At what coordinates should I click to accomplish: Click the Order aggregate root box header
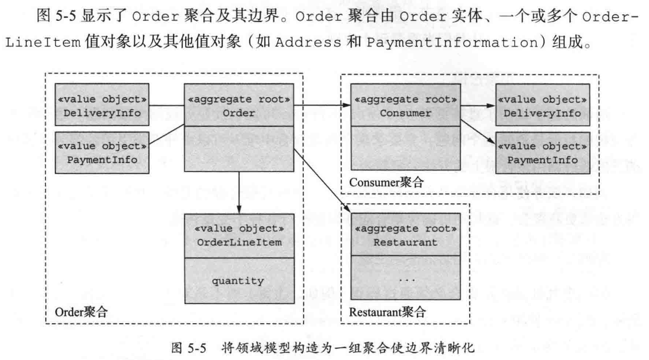(x=239, y=105)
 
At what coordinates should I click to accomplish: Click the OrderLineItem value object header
(x=239, y=235)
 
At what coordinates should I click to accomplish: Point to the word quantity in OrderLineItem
(x=239, y=281)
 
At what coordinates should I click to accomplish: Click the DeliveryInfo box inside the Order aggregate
(x=102, y=105)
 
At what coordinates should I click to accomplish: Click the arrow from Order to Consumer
(x=322, y=105)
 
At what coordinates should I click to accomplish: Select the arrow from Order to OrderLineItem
(x=239, y=191)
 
